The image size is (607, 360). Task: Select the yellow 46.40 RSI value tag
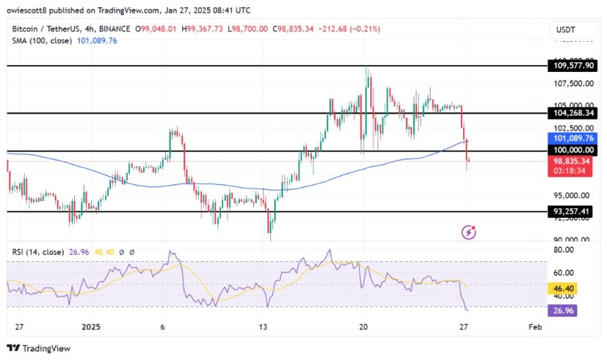[x=565, y=289]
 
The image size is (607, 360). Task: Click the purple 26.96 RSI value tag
[x=565, y=308]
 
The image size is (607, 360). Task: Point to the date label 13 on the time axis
[x=263, y=328]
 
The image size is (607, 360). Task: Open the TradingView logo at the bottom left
[x=39, y=348]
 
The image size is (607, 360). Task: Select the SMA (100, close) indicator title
[x=42, y=41]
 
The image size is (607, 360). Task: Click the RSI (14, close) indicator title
[x=40, y=252]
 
